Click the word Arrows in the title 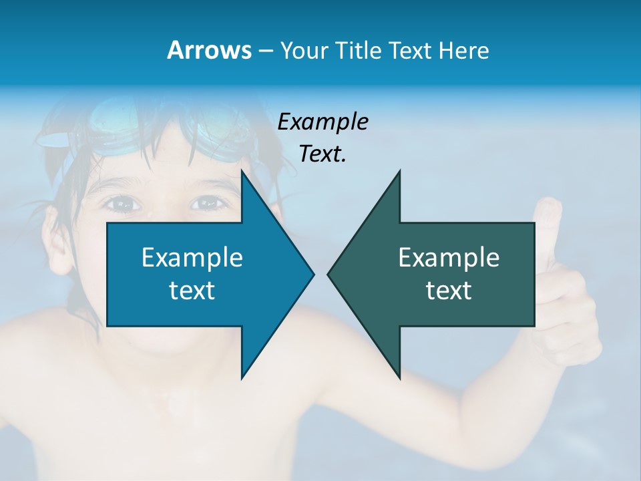click(x=209, y=50)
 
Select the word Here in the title click(x=463, y=50)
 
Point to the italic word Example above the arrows click(x=323, y=122)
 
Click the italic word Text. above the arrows click(x=323, y=154)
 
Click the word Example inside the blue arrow click(x=192, y=257)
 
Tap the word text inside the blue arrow click(x=192, y=291)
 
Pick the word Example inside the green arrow click(x=449, y=257)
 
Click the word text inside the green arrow click(x=449, y=291)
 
